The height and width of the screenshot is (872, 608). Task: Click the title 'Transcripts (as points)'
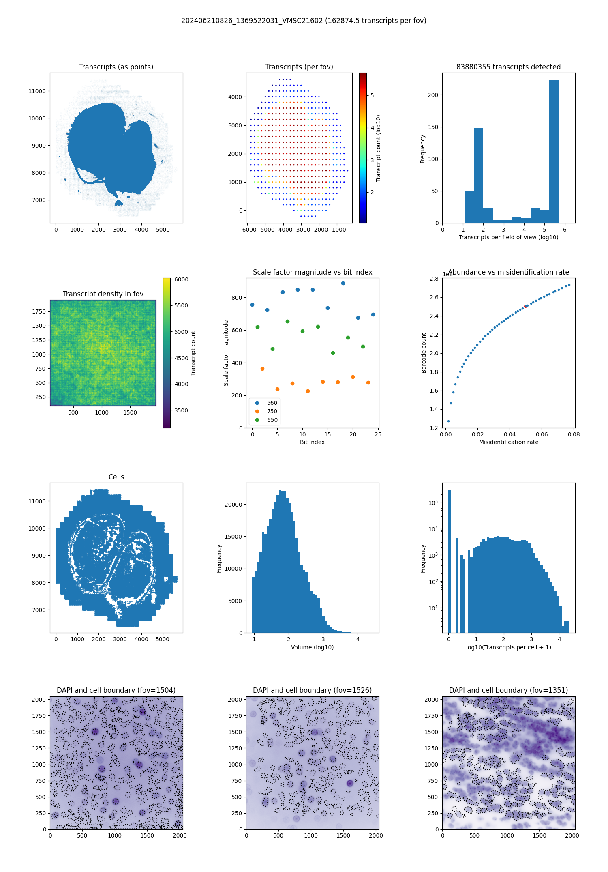click(116, 67)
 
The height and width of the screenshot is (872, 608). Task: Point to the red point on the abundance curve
click(525, 306)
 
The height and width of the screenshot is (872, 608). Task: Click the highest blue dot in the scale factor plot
click(343, 284)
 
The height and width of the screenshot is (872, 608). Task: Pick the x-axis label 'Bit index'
click(312, 442)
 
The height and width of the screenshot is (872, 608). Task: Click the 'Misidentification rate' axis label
click(509, 442)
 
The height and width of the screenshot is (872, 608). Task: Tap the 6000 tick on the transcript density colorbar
click(181, 279)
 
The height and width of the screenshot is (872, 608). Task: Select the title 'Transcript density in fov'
click(103, 294)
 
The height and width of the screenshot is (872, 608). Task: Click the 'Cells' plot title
click(116, 477)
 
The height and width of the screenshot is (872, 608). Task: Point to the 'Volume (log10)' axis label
click(312, 647)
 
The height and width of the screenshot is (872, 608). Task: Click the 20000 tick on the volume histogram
click(233, 505)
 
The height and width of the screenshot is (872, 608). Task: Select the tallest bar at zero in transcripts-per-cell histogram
click(449, 560)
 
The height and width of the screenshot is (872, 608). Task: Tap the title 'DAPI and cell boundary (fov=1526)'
click(312, 690)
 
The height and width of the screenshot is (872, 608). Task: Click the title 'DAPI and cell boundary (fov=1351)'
click(508, 690)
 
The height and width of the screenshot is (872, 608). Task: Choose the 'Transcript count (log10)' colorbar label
click(379, 148)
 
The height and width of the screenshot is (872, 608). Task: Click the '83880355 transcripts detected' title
click(508, 67)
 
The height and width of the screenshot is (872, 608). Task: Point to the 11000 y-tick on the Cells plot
click(37, 501)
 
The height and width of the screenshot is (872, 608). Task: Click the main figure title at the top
click(304, 21)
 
